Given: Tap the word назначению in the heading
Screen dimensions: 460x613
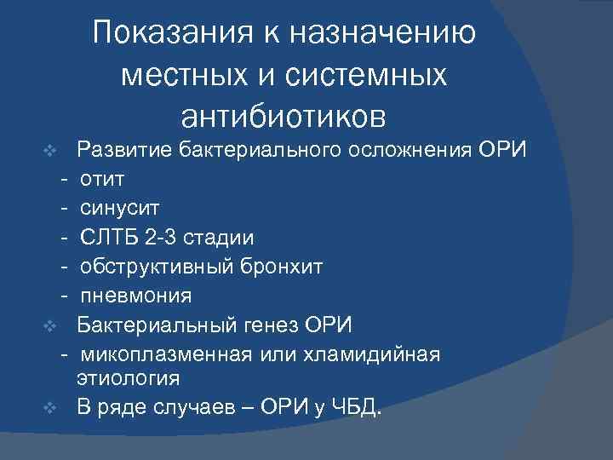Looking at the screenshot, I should pyautogui.click(x=383, y=35).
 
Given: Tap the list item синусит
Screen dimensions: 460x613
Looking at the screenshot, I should pyautogui.click(x=119, y=209).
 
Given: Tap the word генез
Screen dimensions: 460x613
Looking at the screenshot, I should pyautogui.click(x=270, y=325).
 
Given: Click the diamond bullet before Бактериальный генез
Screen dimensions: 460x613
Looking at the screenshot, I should pyautogui.click(x=50, y=325).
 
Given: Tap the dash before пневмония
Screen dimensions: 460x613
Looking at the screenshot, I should pyautogui.click(x=64, y=296).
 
